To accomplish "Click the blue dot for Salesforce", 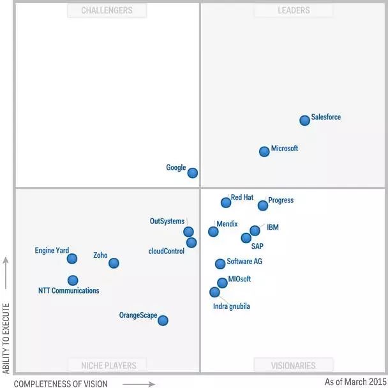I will (305, 120).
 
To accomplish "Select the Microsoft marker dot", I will (264, 151).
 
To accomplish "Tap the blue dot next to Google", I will (193, 172).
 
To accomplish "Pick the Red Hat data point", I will (226, 202).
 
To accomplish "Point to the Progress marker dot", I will (263, 205).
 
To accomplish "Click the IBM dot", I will (255, 230).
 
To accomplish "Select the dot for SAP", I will (246, 238).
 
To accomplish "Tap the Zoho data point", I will (114, 262).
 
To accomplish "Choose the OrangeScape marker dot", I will (163, 320).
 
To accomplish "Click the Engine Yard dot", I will (72, 258).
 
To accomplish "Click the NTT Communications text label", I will (69, 291).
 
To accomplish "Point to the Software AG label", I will (244, 262).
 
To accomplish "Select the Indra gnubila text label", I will (232, 306).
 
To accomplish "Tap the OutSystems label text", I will (167, 221).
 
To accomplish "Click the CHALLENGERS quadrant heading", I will (107, 10).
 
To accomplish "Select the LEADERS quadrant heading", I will (294, 10).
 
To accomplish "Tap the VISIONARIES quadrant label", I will (294, 366).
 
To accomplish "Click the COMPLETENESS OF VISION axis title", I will (61, 384).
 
